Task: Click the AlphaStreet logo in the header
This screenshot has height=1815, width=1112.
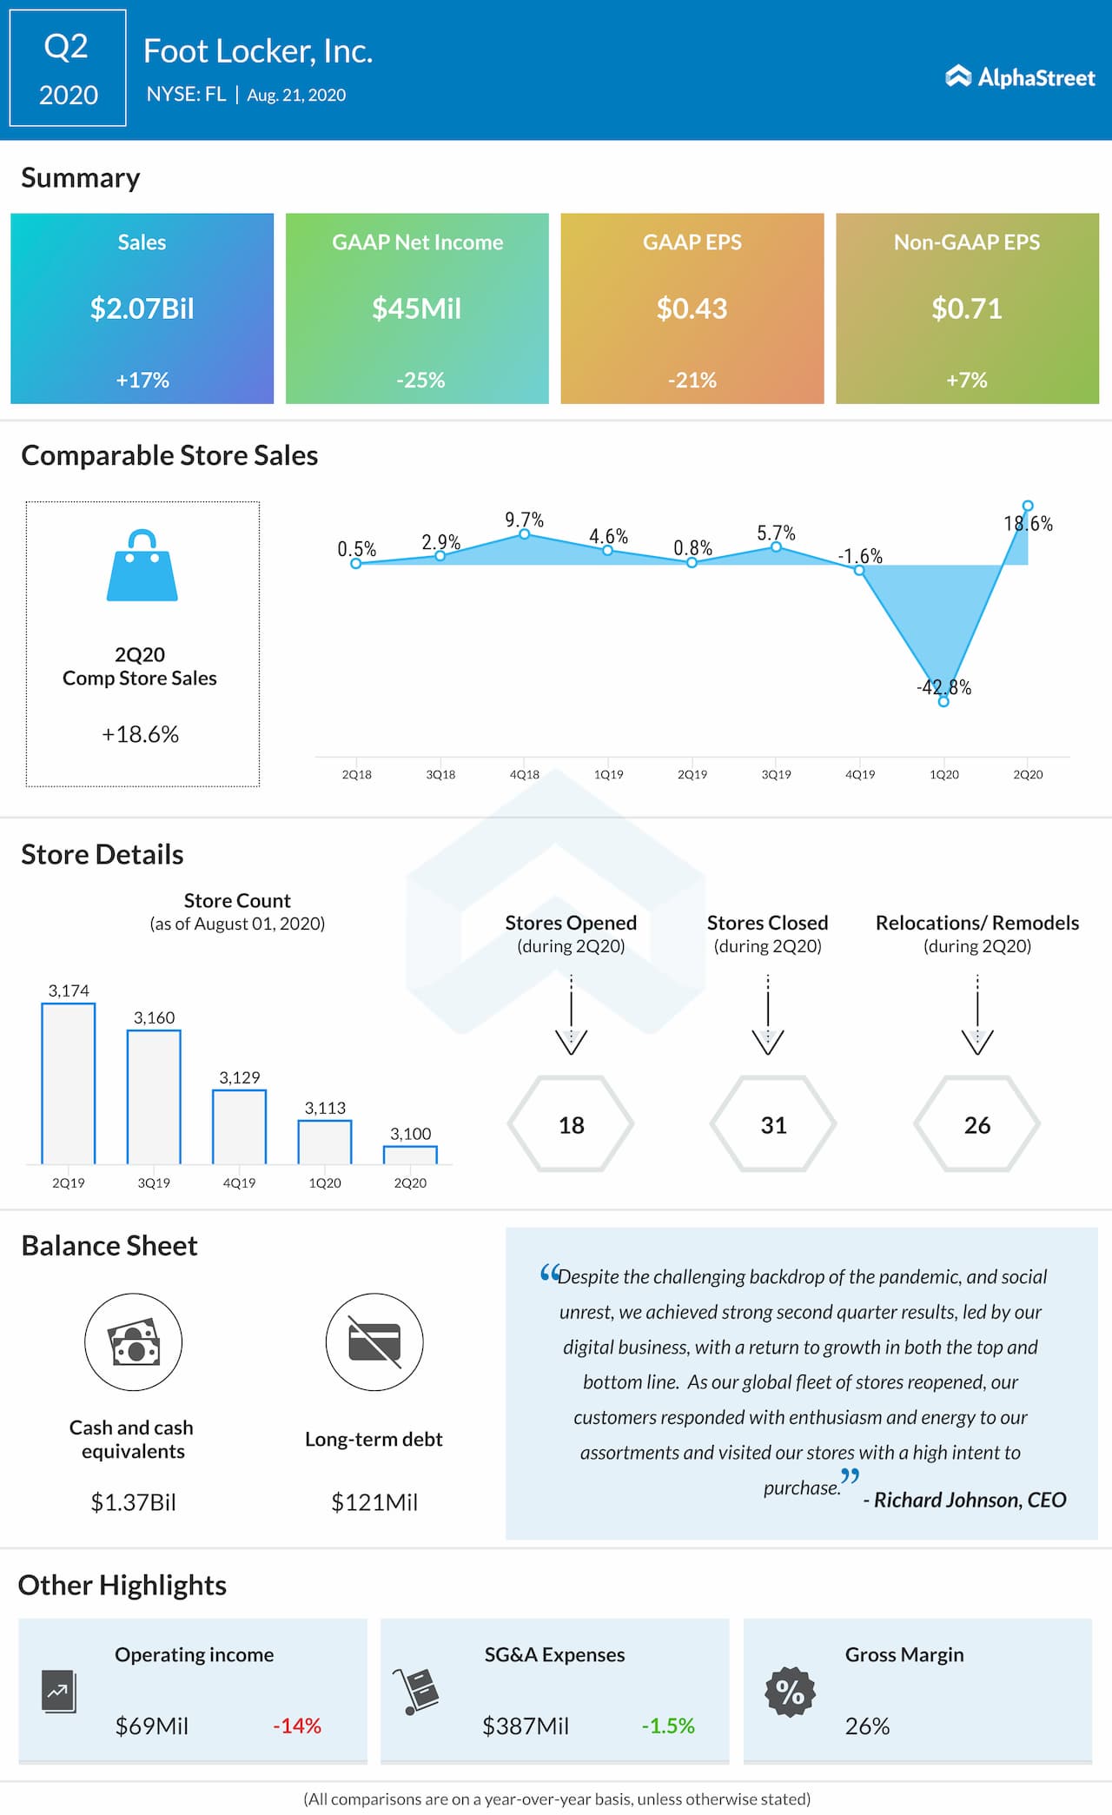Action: pos(1020,77)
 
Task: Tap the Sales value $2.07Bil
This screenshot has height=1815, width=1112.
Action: pos(142,308)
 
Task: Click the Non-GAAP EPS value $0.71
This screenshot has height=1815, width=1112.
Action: pos(967,308)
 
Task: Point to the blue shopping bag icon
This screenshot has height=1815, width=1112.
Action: pos(142,566)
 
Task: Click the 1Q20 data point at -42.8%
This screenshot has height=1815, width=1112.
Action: pos(943,701)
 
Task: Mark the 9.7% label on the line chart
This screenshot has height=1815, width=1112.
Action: pos(524,520)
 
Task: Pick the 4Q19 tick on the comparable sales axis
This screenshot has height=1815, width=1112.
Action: pos(860,774)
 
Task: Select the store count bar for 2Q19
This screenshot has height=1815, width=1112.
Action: pos(69,1083)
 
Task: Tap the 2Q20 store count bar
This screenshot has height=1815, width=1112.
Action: pos(410,1155)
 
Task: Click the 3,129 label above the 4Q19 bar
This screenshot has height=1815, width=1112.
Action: pos(239,1077)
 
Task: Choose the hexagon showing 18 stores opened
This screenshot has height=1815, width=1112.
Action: pos(571,1124)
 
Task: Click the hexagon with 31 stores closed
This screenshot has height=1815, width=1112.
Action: pos(773,1124)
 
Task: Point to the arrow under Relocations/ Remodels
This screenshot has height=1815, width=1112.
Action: pos(977,1017)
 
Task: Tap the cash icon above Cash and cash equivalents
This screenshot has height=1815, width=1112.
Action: pos(134,1341)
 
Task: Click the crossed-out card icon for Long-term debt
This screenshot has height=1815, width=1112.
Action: pos(374,1341)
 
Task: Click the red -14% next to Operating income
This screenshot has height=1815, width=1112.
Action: pos(297,1726)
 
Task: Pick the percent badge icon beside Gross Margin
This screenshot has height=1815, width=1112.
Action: pos(790,1692)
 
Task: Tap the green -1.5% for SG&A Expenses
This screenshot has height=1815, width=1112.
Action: pos(668,1726)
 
